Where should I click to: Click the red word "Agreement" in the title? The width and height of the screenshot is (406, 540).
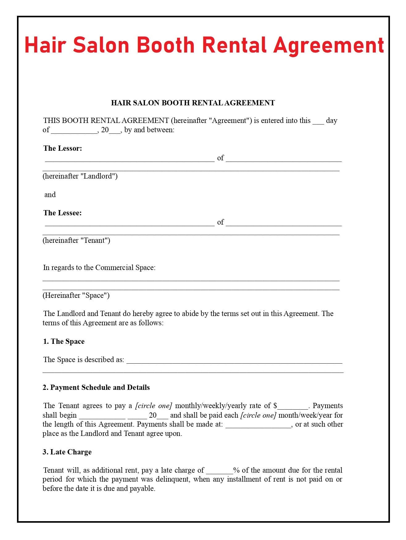tap(329, 45)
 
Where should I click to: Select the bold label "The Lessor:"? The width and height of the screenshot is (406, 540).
tap(63, 148)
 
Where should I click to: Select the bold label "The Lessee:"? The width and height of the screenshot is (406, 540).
tap(62, 213)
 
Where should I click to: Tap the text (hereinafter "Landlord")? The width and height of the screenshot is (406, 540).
tap(80, 176)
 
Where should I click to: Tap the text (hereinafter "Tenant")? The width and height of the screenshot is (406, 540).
tap(76, 240)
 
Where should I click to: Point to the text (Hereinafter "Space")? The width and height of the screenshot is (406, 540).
tap(76, 295)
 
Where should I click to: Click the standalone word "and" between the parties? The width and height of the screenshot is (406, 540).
tap(50, 195)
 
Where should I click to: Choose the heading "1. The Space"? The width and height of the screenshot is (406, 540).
tap(64, 341)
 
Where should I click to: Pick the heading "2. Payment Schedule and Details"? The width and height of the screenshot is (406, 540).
tap(96, 387)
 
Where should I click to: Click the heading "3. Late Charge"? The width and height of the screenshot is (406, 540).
tap(67, 452)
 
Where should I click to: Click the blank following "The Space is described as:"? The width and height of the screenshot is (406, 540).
tap(234, 361)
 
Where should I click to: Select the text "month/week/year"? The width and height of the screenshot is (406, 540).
tap(305, 415)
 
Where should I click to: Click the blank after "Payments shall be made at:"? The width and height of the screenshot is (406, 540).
tap(259, 425)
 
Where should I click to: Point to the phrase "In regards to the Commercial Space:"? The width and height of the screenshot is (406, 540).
tap(99, 268)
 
